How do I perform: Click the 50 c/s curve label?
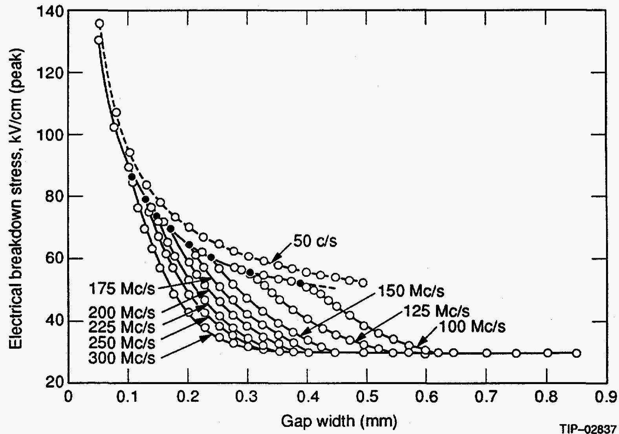pyautogui.click(x=315, y=241)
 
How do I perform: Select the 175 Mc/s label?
pyautogui.click(x=122, y=289)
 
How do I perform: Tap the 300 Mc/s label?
pyautogui.click(x=122, y=358)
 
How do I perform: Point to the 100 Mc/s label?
pyautogui.click(x=472, y=326)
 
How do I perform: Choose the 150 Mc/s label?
pyautogui.click(x=411, y=291)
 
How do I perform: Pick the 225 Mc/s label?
pyautogui.click(x=122, y=327)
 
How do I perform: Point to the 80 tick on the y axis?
pyautogui.click(x=52, y=196)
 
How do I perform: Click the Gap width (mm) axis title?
pyautogui.click(x=339, y=421)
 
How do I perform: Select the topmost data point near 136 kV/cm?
pyautogui.click(x=100, y=24)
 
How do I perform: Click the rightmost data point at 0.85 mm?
pyautogui.click(x=576, y=353)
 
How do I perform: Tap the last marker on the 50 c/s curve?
pyautogui.click(x=363, y=283)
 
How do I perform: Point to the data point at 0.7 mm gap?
pyautogui.click(x=487, y=353)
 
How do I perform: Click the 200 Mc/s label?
pyautogui.click(x=122, y=313)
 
